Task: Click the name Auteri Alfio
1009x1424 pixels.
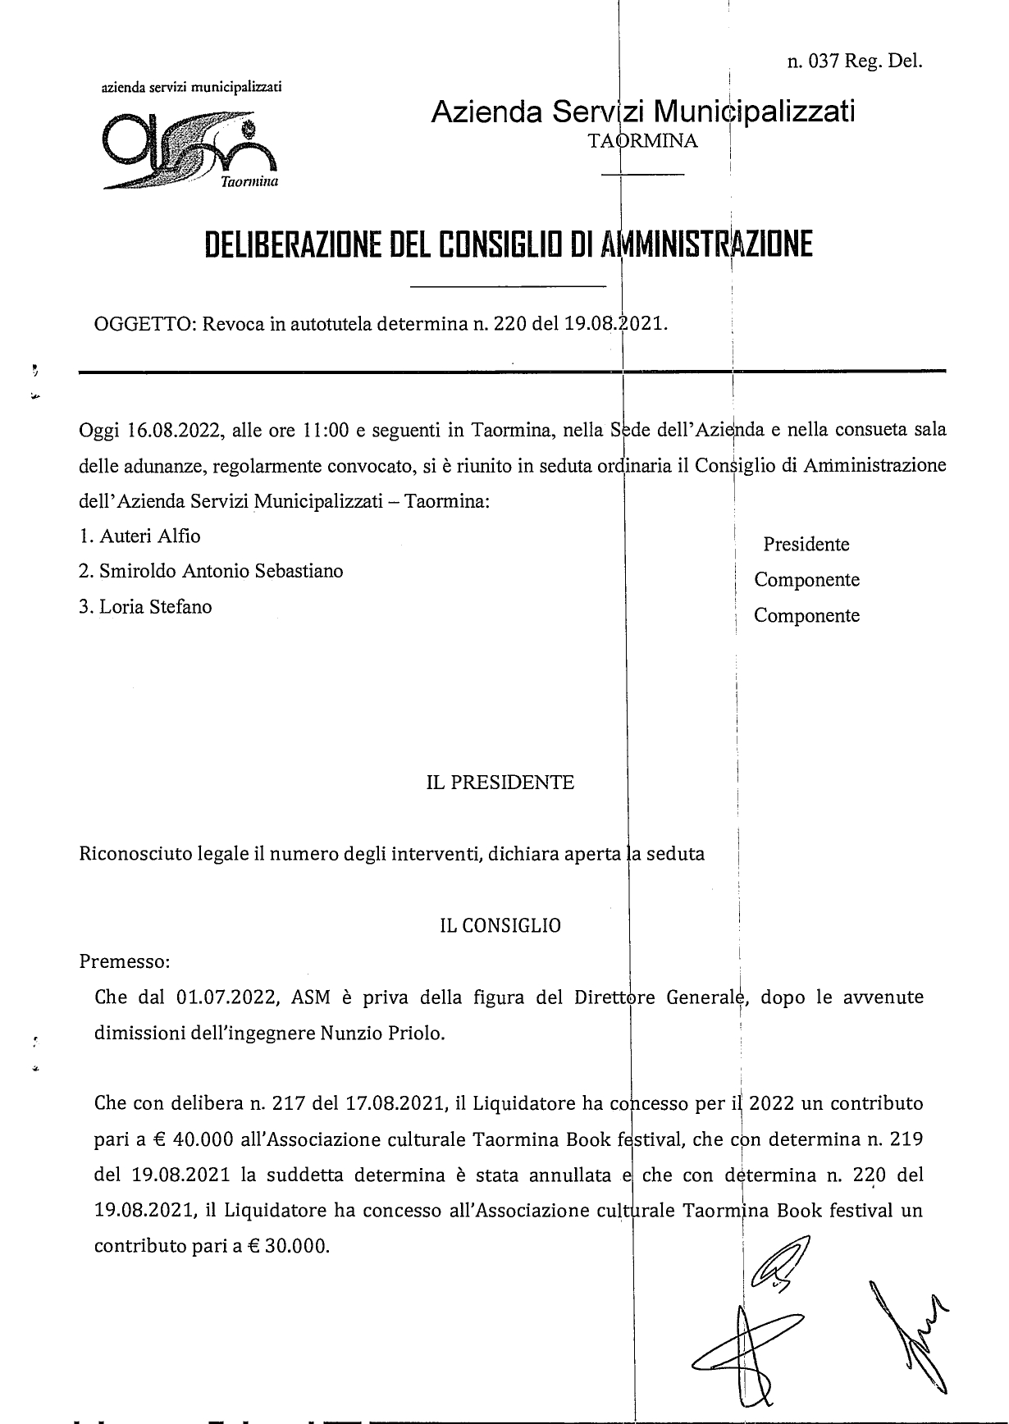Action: point(150,536)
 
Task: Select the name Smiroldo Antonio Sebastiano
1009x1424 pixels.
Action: point(221,571)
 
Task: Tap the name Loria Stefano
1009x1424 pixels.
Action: point(155,607)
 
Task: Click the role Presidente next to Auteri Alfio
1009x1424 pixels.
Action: point(806,545)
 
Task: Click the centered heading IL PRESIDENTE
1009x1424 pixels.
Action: point(500,783)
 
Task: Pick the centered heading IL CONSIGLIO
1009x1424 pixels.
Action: point(500,926)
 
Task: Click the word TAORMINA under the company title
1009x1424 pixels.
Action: point(643,141)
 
